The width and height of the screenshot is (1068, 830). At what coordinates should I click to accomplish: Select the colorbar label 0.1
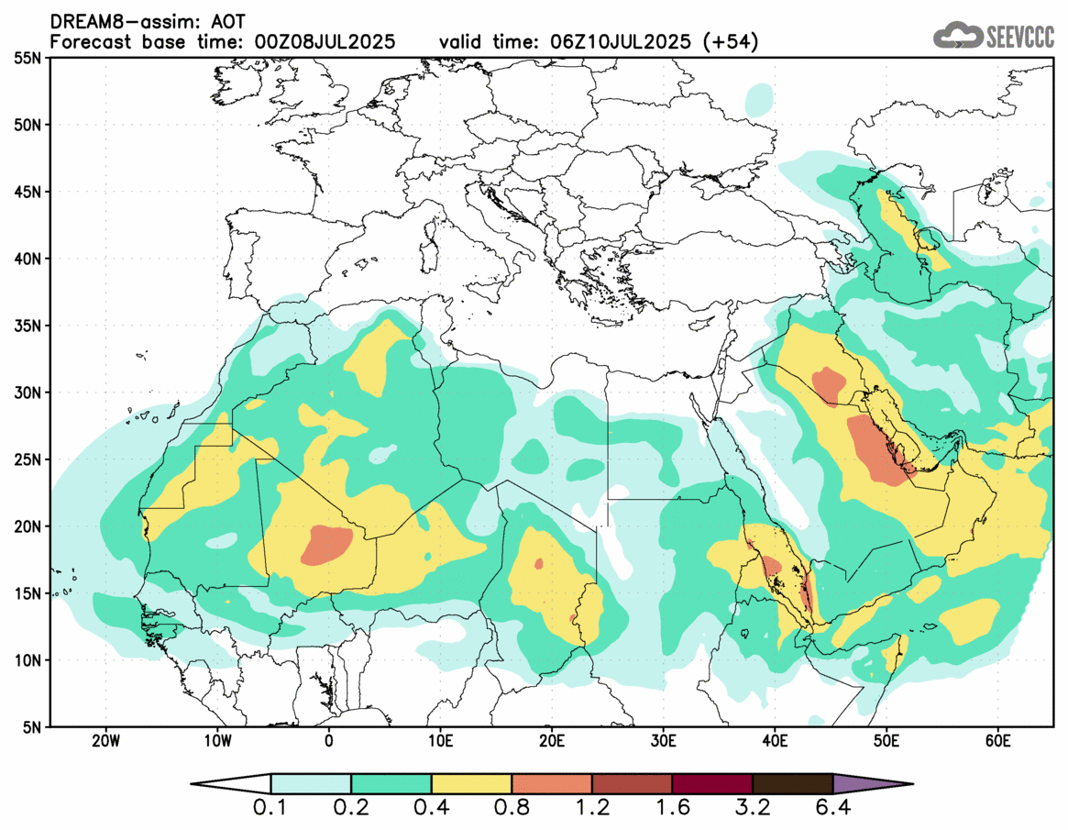pyautogui.click(x=271, y=809)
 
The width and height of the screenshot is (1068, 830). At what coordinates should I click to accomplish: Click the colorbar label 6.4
pyautogui.click(x=833, y=809)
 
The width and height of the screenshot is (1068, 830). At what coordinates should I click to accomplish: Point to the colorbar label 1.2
pyautogui.click(x=592, y=809)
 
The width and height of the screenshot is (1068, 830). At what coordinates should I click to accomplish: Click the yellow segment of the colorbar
pyautogui.click(x=471, y=784)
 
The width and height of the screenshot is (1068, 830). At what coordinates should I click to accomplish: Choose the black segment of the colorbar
pyautogui.click(x=792, y=784)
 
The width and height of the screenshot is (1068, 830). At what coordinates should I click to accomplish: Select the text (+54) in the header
pyautogui.click(x=730, y=41)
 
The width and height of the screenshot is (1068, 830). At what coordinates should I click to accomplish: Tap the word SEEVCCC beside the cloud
pyautogui.click(x=1020, y=37)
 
